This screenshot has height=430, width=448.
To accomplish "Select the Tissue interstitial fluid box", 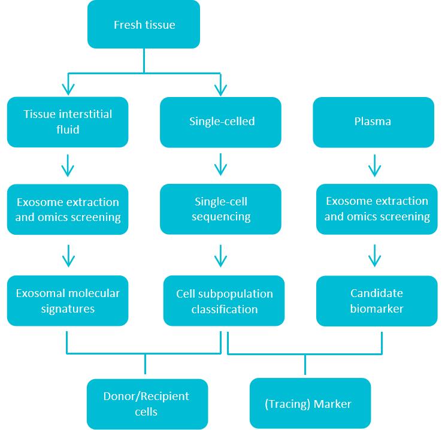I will click(68, 122).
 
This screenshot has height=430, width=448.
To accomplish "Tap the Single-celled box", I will click(221, 122).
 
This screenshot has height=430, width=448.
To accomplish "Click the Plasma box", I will click(373, 122).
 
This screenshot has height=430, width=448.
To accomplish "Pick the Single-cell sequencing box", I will click(221, 208).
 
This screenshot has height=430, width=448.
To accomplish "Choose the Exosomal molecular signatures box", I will click(68, 301).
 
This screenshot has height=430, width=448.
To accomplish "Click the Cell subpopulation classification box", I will click(225, 301).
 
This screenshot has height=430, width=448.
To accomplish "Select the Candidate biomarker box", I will click(377, 301).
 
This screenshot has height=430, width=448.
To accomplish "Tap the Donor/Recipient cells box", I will click(147, 404).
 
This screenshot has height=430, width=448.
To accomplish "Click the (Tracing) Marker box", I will click(308, 403).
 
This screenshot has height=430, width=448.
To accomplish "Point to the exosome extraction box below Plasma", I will click(377, 208).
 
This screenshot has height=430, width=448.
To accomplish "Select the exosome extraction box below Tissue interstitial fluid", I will click(68, 208).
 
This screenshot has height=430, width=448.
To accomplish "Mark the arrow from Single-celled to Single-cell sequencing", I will click(221, 165).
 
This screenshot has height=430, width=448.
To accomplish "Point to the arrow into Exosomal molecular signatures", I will click(68, 256).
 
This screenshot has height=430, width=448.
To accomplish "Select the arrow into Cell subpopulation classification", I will click(221, 256).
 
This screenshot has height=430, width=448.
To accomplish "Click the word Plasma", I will click(373, 122).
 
